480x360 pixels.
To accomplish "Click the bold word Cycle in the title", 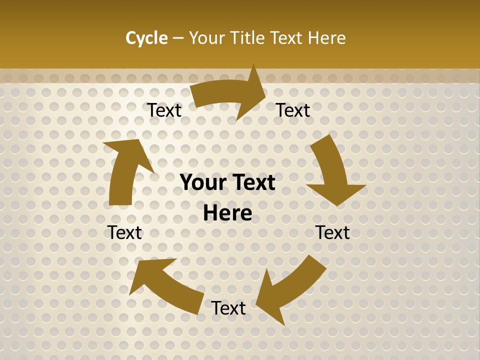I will coord(146,38).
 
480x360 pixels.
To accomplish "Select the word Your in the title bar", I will coord(205,38).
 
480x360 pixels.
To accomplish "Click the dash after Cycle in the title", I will coord(178,38).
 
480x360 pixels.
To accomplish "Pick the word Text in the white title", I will coord(287,38).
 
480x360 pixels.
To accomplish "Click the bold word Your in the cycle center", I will coord(202,183).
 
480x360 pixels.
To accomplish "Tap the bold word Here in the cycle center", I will coord(227,213).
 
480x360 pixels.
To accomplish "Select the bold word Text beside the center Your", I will coord(251,183).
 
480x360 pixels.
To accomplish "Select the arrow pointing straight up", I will coord(125,170).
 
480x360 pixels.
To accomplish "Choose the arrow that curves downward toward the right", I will coord(332,170).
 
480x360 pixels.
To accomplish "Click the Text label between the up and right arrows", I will coord(164,110).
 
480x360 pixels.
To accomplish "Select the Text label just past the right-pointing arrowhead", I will coord(293,110).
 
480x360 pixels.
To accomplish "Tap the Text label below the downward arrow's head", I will coord(332,232).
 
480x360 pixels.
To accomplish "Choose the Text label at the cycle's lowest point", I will coord(228,308).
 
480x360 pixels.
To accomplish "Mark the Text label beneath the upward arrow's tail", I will coord(124,232).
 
